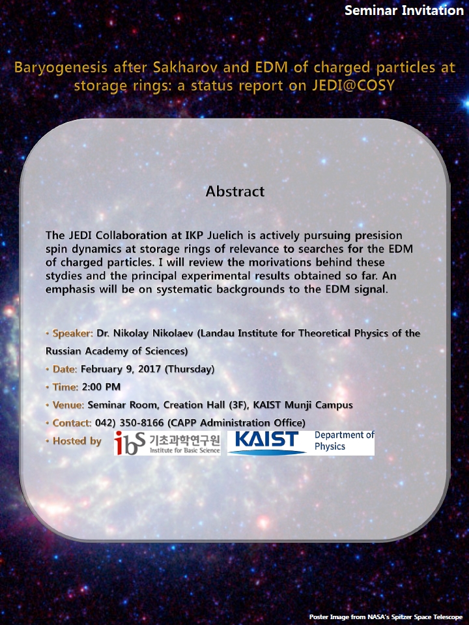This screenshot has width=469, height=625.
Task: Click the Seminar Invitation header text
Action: click(404, 10)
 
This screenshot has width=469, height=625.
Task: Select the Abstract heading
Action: click(235, 192)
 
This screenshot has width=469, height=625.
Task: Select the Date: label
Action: click(65, 369)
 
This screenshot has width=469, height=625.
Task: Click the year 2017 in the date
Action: click(149, 369)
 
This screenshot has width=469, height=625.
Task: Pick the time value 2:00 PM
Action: click(101, 387)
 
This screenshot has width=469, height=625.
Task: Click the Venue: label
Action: click(68, 405)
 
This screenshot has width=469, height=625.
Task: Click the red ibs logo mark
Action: click(130, 443)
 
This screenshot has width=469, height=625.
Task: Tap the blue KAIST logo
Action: click(267, 442)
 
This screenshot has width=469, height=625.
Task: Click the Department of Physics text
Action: click(345, 441)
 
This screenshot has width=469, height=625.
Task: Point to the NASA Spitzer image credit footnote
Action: click(386, 617)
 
